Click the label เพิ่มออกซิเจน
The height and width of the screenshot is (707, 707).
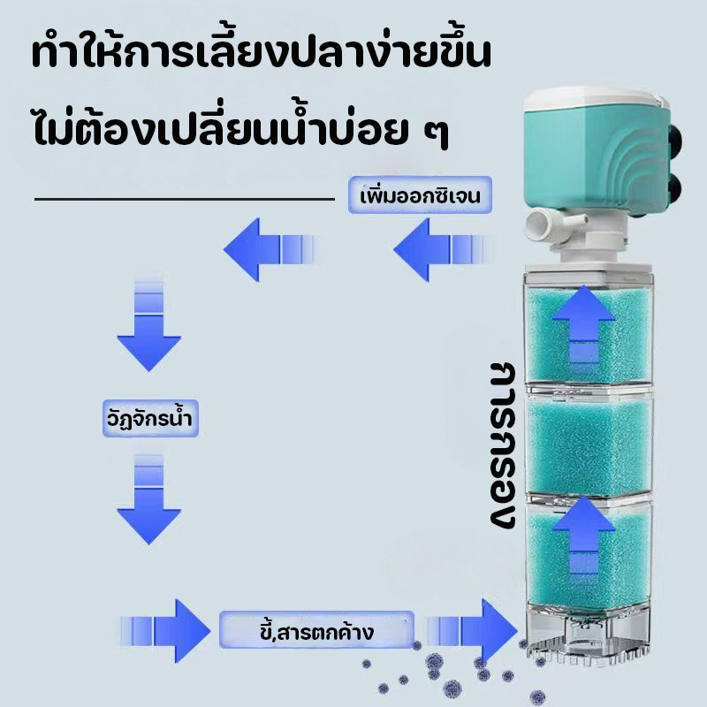420,195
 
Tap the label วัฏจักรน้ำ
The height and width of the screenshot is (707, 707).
150,418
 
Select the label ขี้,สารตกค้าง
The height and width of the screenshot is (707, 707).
316,630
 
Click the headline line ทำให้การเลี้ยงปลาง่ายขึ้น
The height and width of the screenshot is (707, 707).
261,54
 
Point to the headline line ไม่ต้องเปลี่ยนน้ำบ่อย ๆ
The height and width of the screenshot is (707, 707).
240,127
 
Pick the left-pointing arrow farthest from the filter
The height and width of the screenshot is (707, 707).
270,249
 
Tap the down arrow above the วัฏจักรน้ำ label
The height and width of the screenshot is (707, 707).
148,324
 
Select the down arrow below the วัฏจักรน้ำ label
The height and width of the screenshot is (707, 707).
148,499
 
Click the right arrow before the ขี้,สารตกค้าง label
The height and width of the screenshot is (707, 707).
166,631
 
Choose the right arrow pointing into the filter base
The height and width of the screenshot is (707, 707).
473,631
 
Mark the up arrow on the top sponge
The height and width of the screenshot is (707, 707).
583,323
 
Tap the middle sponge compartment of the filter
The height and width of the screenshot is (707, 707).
589,445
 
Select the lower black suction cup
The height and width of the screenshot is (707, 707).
673,188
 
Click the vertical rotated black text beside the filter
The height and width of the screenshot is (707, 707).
502,445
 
